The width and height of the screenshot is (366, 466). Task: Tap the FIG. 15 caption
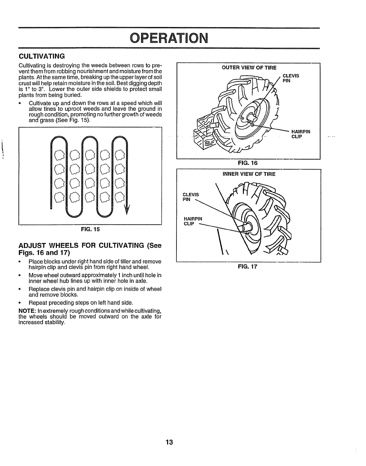click(x=91, y=230)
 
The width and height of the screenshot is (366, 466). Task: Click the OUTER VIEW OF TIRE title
click(x=249, y=68)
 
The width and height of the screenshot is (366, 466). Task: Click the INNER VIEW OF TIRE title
click(x=249, y=174)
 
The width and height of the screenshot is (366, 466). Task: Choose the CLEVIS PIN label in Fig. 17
click(x=191, y=197)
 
